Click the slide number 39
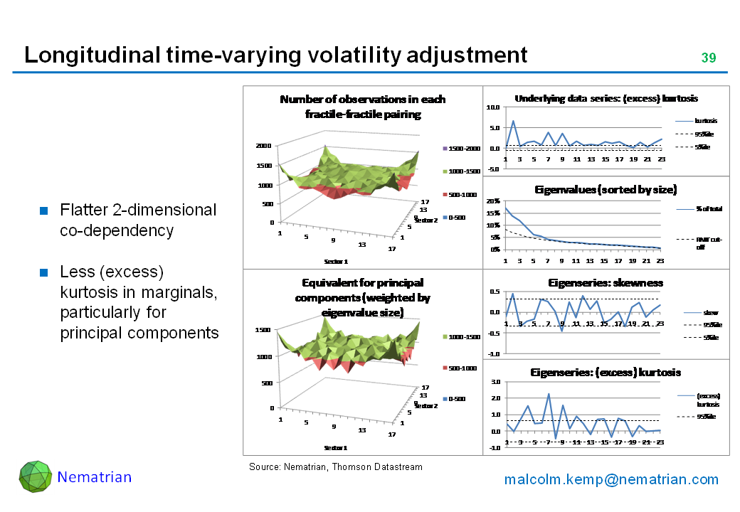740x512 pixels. (708, 58)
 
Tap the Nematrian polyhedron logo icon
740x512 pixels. (35, 476)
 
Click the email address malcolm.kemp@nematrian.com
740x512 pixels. (611, 479)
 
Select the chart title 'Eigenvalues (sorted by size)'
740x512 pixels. (606, 190)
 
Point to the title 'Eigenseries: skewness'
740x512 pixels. (606, 282)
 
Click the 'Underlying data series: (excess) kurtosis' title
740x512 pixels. (606, 98)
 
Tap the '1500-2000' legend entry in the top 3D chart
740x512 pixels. (463, 149)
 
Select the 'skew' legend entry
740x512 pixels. (710, 312)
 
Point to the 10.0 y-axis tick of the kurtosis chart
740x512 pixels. (493, 107)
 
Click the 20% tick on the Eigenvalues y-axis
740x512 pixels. (492, 201)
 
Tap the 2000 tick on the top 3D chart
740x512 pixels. (264, 146)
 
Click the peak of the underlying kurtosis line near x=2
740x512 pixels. (513, 121)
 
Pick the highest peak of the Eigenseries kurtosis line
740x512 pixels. (549, 393)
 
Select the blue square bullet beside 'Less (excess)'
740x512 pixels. (43, 273)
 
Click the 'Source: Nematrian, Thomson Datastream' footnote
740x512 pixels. (335, 467)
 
